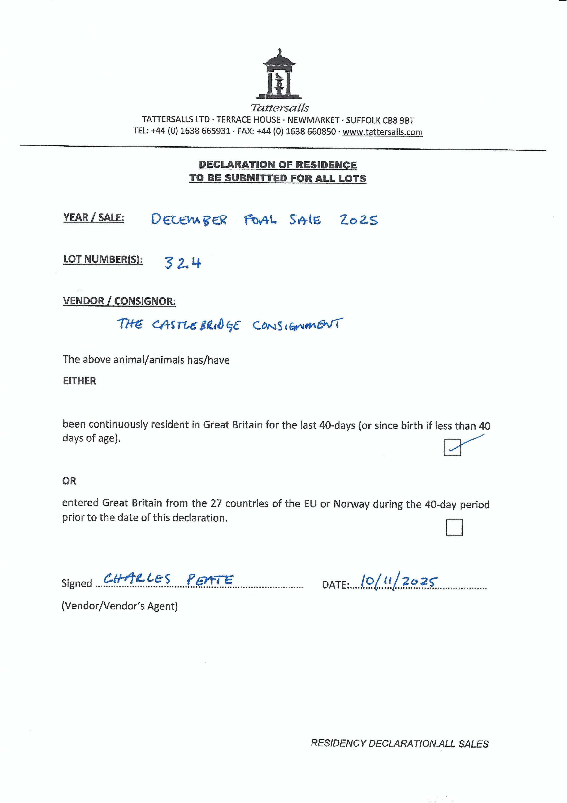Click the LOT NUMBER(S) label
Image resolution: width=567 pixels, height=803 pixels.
tap(103, 260)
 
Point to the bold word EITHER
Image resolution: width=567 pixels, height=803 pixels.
tap(79, 381)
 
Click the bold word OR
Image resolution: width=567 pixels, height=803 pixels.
tap(69, 481)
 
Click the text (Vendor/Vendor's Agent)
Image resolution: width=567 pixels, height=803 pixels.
tap(120, 606)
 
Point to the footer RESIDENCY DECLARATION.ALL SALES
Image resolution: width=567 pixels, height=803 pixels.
tap(400, 744)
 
